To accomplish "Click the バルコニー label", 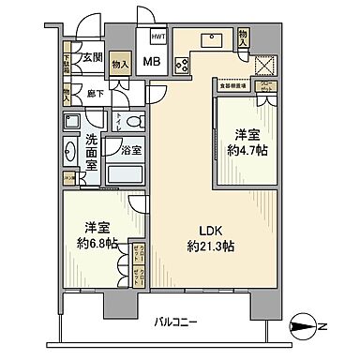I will click(x=177, y=322).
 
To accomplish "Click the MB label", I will click(x=151, y=64).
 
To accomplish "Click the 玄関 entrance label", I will click(x=90, y=57).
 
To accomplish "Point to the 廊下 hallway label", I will click(x=94, y=94).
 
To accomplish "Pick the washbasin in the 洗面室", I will click(x=71, y=151).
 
